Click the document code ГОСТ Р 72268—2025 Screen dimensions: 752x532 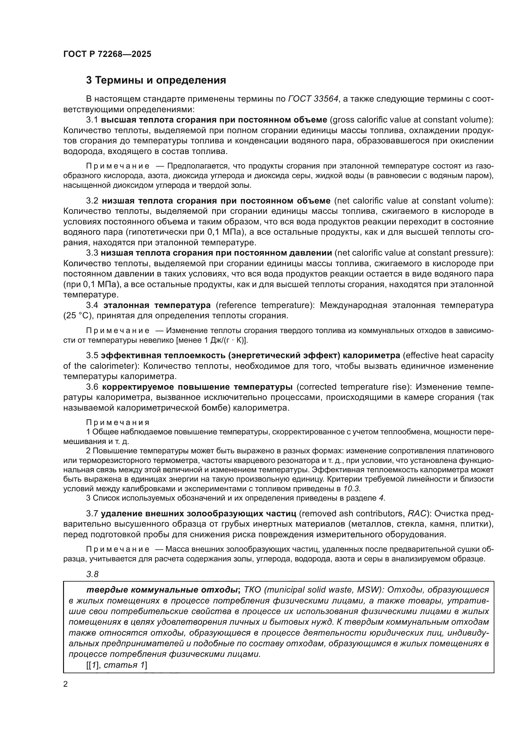(107, 54)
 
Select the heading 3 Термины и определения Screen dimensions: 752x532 (156, 80)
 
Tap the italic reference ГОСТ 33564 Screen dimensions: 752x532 (313, 99)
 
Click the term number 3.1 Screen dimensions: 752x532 (92, 120)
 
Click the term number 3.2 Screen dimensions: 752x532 (92, 201)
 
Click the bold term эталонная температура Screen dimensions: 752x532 (157, 305)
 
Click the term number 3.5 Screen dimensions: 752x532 (92, 355)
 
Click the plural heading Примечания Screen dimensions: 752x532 (118, 422)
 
